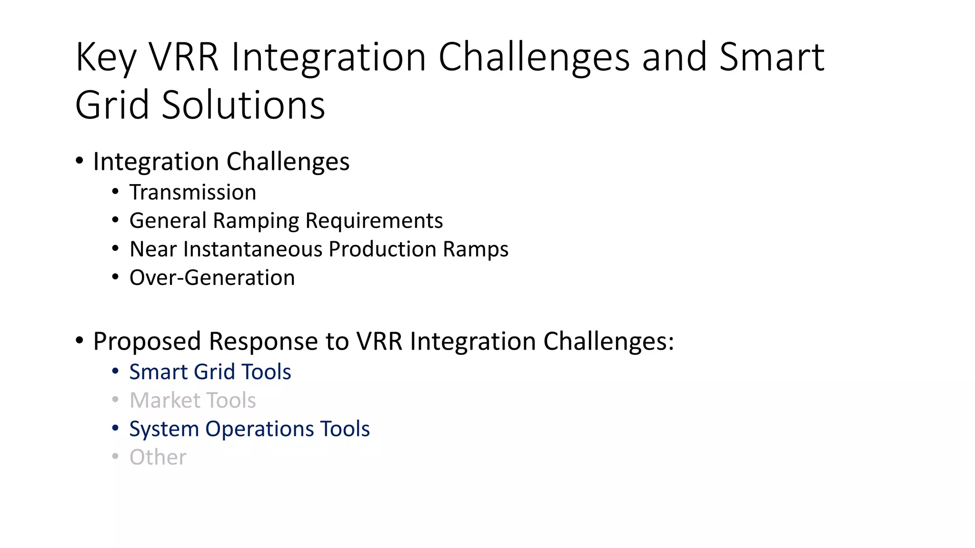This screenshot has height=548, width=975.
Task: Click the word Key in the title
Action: point(106,58)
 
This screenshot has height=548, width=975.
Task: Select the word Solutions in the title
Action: point(243,105)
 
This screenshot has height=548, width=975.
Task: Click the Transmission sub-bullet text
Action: point(193,193)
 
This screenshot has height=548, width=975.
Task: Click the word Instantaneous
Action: point(253,249)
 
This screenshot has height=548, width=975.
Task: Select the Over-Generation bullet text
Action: point(212,278)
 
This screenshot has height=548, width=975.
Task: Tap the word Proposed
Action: point(147,342)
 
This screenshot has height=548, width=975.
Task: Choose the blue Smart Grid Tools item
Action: point(210,372)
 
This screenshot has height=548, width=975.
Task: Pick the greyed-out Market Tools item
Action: point(193,401)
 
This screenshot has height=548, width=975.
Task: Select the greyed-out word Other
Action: point(158,458)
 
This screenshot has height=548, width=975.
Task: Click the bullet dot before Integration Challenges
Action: point(80,161)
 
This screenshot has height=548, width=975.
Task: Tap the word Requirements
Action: point(374,221)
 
